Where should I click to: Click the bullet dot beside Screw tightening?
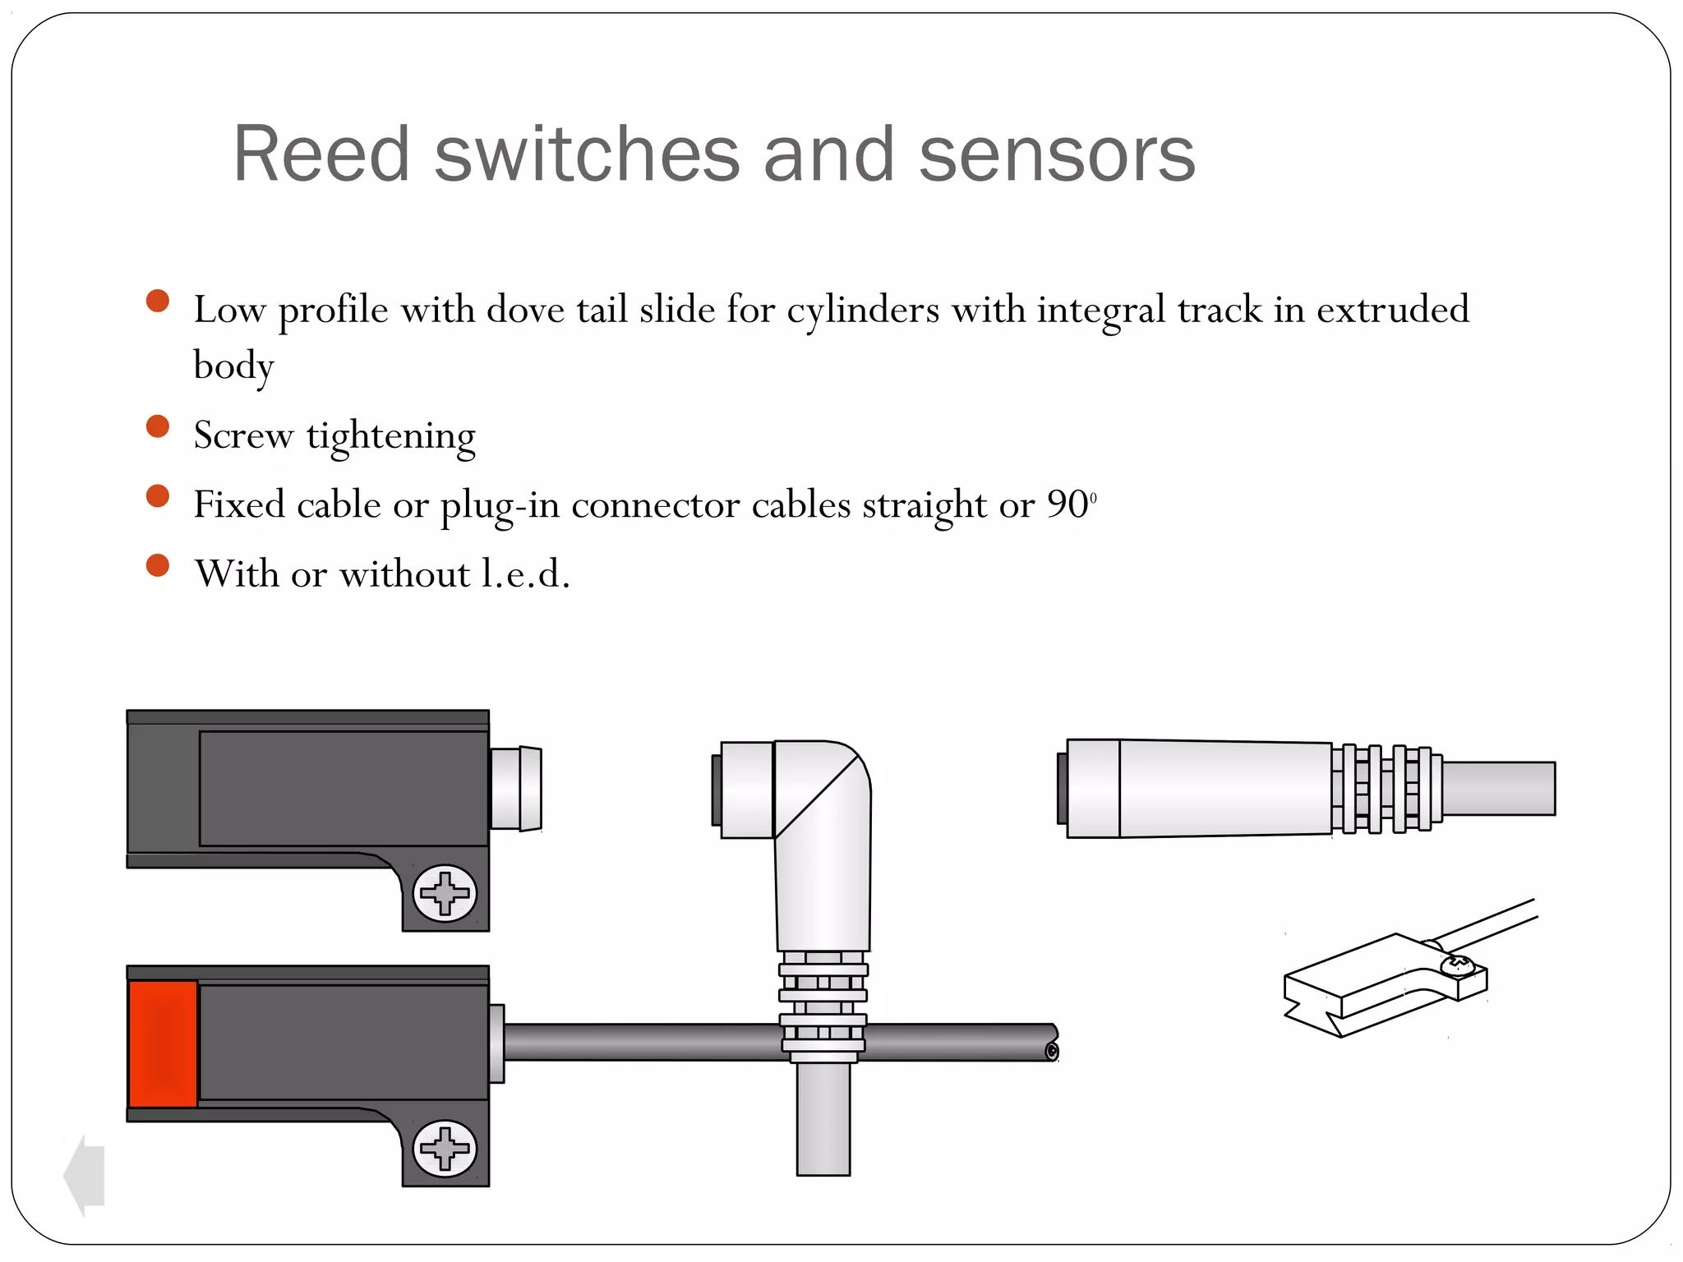pos(157,426)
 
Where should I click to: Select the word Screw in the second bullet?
pos(243,435)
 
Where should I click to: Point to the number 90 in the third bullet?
pos(1067,504)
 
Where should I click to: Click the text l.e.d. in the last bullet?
pos(525,573)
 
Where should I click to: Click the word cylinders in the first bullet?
pos(863,310)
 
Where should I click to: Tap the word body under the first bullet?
pos(233,366)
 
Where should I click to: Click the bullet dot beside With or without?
pos(157,565)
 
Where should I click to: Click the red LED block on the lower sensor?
pos(163,1043)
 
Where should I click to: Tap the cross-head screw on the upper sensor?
pos(445,893)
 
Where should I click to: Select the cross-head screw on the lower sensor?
pos(445,1148)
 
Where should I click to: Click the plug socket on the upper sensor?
pos(515,788)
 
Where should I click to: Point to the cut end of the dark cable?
pos(1051,1052)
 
